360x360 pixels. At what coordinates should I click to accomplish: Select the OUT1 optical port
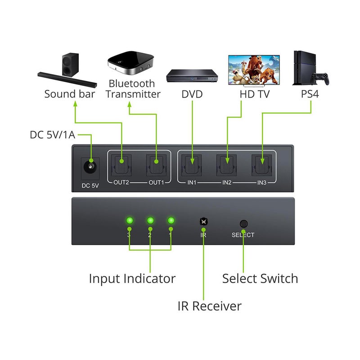156,165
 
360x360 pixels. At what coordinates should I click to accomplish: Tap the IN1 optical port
192,165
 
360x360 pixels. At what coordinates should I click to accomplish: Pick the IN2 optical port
227,165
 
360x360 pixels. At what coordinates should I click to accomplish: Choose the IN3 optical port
262,165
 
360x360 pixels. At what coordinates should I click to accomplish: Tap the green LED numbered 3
130,221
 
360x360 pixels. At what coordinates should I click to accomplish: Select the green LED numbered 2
150,221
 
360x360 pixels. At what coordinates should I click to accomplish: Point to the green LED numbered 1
171,221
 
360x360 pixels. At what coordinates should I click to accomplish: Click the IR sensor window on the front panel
203,221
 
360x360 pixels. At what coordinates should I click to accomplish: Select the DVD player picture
192,76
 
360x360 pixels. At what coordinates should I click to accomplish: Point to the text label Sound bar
70,94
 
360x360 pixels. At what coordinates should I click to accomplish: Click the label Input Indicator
132,279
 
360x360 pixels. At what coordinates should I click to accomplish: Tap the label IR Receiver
209,306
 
